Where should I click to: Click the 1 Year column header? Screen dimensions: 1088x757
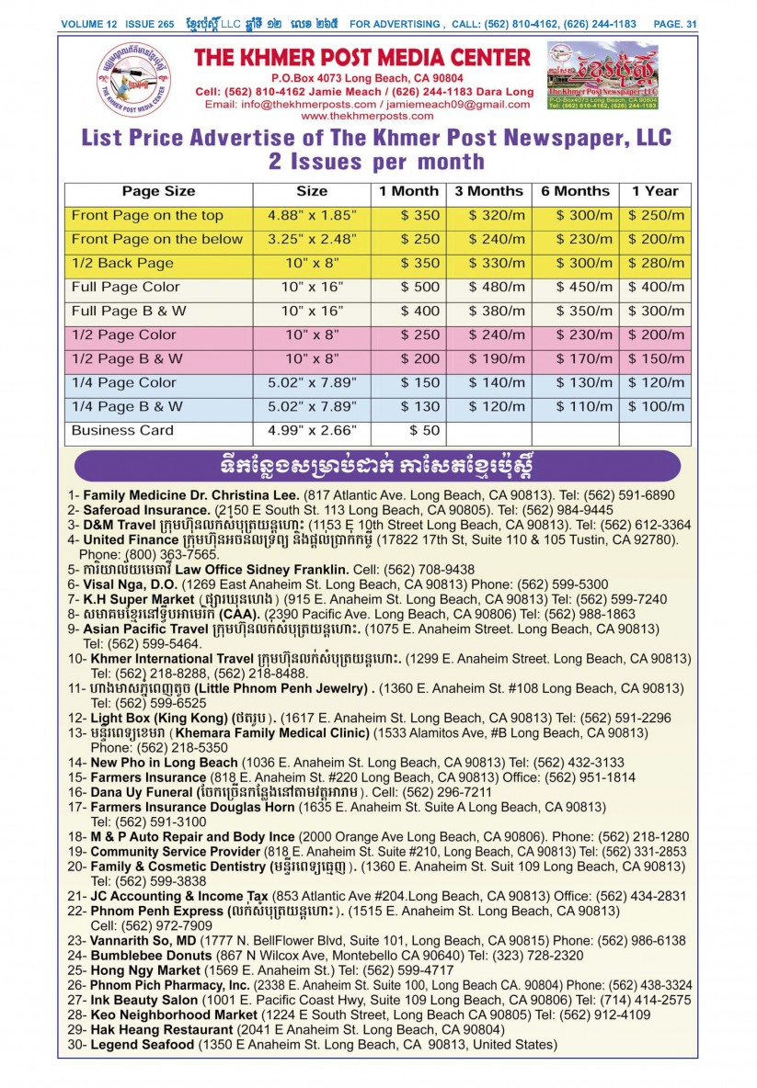654,191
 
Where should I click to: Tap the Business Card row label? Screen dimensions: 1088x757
122,430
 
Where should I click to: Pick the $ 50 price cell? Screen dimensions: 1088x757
409,430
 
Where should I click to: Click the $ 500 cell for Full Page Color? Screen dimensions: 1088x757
409,287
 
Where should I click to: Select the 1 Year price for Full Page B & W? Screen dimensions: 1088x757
654,311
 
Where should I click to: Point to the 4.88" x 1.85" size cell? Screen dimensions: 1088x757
312,215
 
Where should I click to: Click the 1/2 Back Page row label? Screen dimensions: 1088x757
122,263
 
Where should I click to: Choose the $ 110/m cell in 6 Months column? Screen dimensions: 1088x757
576,406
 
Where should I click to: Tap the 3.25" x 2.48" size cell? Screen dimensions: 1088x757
312,239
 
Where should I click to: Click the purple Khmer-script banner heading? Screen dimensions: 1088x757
378,465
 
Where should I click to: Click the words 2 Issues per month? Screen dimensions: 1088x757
376,162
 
